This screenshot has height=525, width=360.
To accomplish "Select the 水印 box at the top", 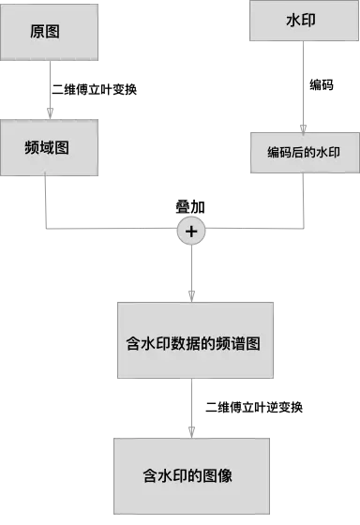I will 301,21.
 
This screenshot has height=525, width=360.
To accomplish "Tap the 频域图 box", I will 49,147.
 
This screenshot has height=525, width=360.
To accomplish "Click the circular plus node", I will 191,230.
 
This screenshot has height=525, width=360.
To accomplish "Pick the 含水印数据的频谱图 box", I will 194,341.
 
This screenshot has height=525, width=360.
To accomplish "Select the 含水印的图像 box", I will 194,475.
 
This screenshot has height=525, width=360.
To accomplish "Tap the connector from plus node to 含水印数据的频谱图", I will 191,274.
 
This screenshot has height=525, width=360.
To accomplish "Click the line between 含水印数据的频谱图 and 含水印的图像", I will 192,408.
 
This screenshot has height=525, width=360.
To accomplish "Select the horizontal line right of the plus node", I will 253,229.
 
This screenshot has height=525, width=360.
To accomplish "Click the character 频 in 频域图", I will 32,147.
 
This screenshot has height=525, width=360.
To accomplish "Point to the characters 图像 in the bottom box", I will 217,475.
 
